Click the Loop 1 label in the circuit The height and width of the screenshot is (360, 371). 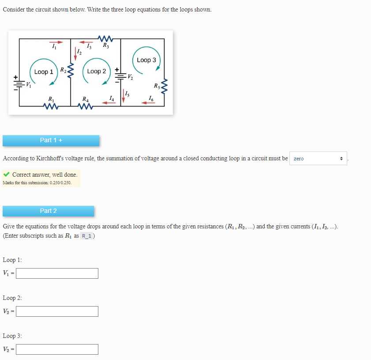[44, 72]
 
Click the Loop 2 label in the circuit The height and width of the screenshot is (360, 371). [97, 71]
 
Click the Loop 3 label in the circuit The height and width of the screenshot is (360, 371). [146, 60]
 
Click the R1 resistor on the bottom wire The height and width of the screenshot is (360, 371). [51, 106]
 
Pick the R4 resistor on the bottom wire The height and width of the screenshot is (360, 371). [86, 106]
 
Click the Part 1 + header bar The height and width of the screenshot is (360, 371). [51, 140]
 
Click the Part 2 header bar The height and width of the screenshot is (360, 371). [49, 211]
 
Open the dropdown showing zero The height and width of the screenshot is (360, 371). [318, 158]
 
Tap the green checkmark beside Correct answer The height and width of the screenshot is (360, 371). [6, 174]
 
